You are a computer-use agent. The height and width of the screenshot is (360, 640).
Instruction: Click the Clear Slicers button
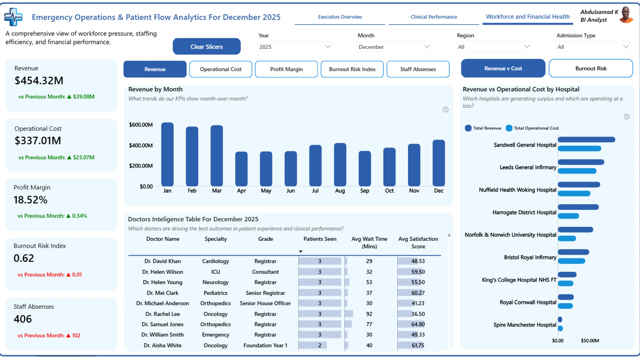click(207, 46)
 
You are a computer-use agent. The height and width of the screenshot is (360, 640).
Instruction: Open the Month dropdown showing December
click(394, 47)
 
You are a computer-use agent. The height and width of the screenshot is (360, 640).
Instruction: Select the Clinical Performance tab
click(434, 17)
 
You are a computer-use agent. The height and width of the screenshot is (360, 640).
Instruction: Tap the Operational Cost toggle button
click(221, 69)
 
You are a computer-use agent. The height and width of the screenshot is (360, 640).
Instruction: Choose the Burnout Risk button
click(591, 68)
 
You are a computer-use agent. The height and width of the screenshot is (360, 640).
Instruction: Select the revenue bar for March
click(217, 156)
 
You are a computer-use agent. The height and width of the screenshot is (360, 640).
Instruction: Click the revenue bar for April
click(241, 169)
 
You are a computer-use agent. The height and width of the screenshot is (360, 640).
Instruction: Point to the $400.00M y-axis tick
click(141, 145)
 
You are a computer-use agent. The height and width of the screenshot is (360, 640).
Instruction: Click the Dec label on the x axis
click(439, 191)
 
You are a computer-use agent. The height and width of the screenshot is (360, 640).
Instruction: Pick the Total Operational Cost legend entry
click(532, 128)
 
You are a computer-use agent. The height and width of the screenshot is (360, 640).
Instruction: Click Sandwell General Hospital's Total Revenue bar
click(586, 140)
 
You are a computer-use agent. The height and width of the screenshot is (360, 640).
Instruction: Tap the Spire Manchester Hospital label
click(525, 325)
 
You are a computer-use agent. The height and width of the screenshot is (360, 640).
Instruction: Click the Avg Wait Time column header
click(369, 243)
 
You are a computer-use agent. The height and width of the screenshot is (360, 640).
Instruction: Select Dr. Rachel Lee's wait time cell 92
click(369, 314)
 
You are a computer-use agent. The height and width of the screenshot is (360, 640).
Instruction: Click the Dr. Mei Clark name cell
click(163, 293)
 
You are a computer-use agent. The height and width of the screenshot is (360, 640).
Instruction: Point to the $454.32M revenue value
click(39, 81)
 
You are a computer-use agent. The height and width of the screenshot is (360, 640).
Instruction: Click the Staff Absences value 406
click(23, 319)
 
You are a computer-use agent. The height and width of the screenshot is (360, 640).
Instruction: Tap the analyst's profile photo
click(626, 15)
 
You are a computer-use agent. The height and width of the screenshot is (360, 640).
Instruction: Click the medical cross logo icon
click(13, 17)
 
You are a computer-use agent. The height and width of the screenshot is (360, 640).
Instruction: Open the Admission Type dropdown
click(593, 47)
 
